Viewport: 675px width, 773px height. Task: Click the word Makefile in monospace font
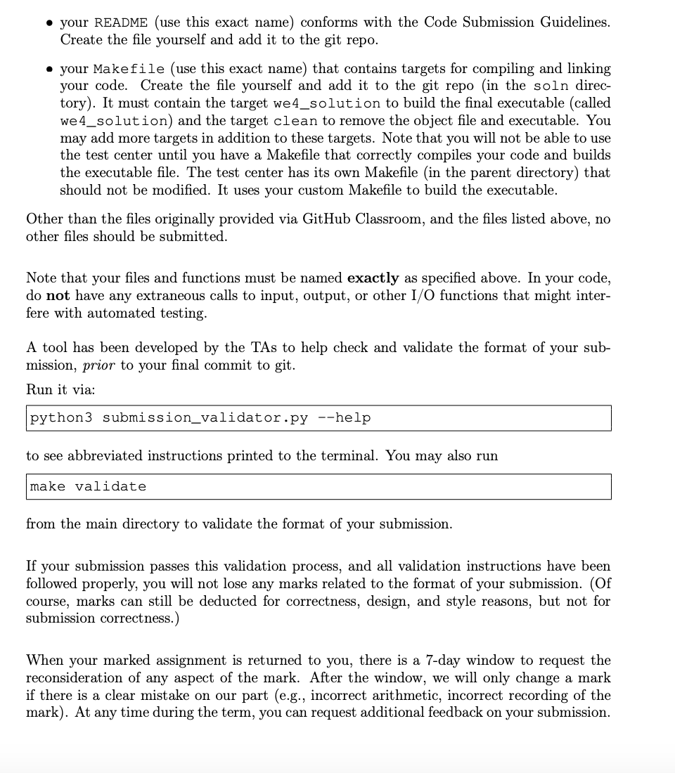(129, 69)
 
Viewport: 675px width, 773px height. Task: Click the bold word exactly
(373, 278)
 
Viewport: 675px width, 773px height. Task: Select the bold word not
(58, 296)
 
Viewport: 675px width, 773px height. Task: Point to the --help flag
(345, 418)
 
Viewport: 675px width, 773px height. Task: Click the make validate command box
(319, 486)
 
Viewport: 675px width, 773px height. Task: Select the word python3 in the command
(61, 418)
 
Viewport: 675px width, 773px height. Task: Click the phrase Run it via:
(60, 389)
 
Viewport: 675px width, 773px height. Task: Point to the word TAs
(235, 348)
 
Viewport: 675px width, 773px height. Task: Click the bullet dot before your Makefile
(46, 69)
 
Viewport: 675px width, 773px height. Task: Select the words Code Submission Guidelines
(517, 22)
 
